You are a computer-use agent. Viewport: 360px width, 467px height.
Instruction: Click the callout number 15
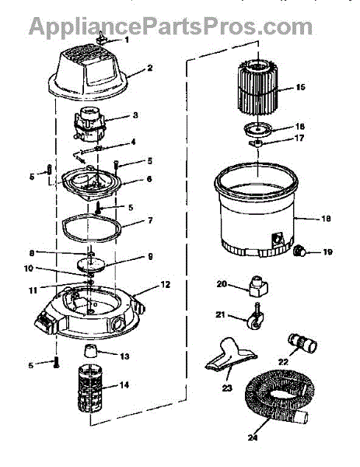300,87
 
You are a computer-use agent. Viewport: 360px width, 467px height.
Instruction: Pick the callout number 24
253,437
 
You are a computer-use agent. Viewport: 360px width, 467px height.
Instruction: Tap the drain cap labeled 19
299,251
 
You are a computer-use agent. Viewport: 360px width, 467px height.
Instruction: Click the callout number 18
326,218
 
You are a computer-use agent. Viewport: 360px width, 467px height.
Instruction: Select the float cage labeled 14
90,388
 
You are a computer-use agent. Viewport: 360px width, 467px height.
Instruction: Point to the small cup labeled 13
90,351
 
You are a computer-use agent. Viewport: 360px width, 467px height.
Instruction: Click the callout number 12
165,284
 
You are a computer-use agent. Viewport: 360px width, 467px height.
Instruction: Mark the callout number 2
149,68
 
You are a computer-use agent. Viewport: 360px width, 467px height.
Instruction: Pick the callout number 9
150,256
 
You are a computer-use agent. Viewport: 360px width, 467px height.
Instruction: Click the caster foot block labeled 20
257,286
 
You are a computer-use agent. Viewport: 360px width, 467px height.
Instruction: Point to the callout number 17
299,138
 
